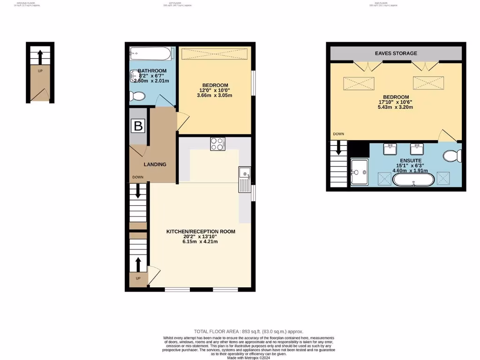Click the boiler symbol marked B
point(138,126)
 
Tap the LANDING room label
point(155,165)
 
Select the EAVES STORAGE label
point(396,53)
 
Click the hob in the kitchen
point(217,144)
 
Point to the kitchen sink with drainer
point(244,180)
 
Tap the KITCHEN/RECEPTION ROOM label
point(201,232)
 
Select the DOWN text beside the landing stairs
point(138,177)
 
